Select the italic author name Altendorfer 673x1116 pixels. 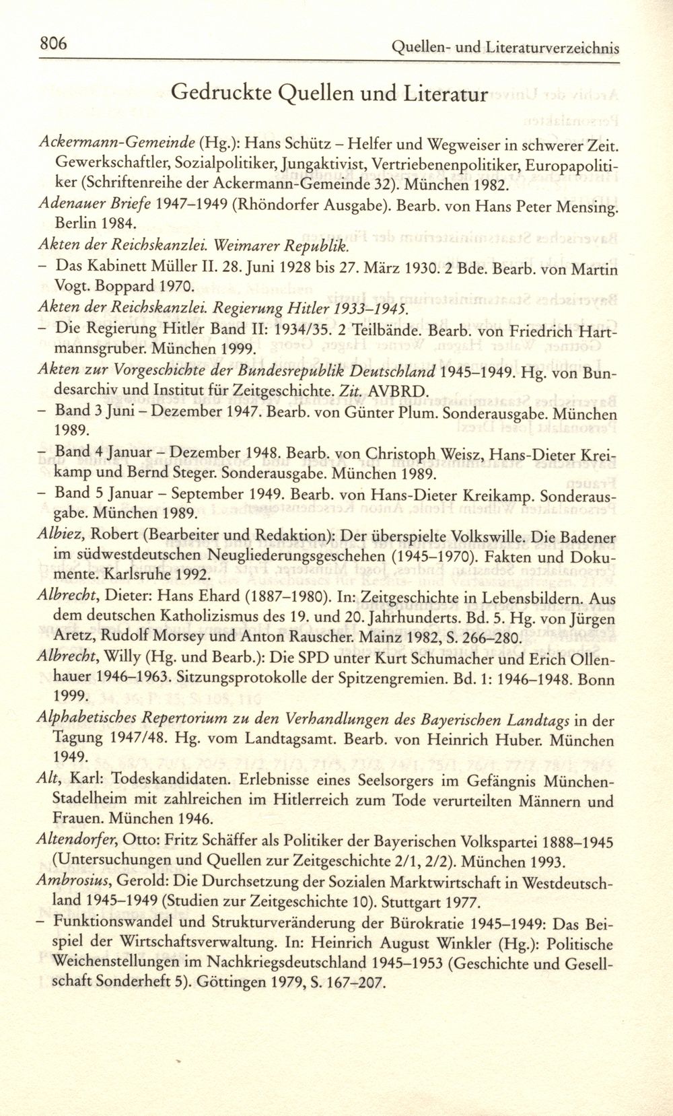pos(79,842)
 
